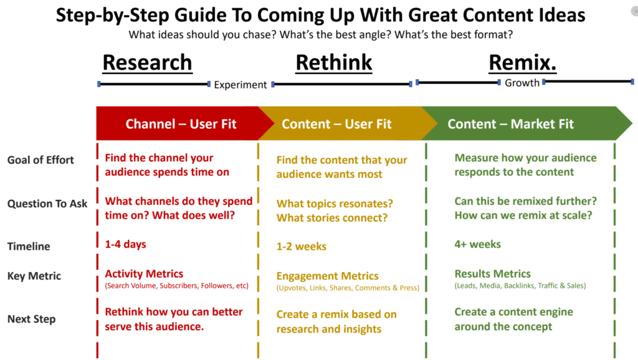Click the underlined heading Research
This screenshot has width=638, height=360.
coord(147,63)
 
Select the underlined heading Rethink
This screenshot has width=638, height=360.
coord(334,63)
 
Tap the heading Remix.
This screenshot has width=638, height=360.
coord(523,63)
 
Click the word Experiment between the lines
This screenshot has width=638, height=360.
coord(240,85)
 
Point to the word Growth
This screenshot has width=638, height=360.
coord(522,83)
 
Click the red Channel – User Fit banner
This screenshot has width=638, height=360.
coord(181,124)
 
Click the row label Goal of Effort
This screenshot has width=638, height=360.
coord(40,160)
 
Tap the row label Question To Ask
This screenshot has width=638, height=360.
coord(47,204)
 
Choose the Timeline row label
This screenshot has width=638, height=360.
coord(29,246)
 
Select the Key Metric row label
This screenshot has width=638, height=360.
coord(34,276)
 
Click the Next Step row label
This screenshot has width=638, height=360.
coord(31,319)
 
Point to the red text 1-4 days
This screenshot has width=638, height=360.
coord(125,244)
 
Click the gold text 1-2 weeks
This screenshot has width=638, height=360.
coord(301,246)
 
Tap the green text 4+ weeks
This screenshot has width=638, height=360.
coord(477,244)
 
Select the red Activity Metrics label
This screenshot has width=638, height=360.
coord(144,274)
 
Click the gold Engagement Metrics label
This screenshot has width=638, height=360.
coord(328,276)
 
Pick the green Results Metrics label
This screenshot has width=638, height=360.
coord(492,274)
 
